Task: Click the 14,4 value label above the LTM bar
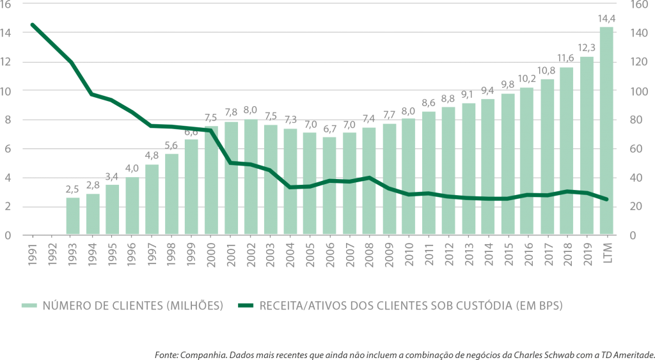(606, 19)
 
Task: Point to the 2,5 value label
(73, 190)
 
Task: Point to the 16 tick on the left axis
(6, 4)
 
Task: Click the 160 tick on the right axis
(629, 4)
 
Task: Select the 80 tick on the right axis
(627, 120)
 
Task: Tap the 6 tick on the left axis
(6, 149)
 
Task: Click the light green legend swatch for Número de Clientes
(29, 306)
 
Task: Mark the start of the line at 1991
(31, 24)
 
